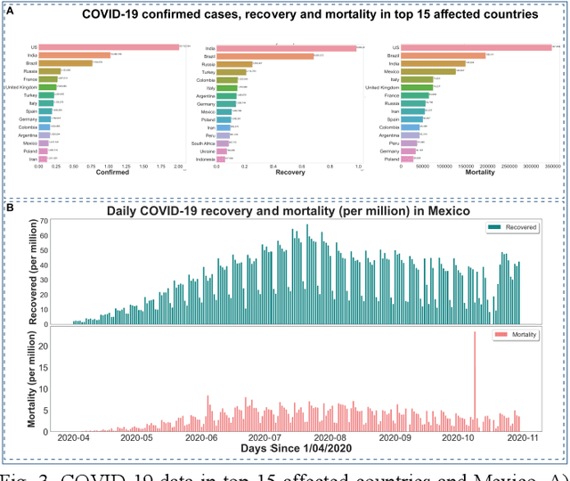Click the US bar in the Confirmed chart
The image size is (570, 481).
click(x=107, y=46)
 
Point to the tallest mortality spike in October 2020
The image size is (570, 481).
click(x=475, y=374)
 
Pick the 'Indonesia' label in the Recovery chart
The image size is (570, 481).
click(x=206, y=158)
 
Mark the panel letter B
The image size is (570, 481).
click(x=10, y=208)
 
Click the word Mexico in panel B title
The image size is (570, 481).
click(x=440, y=211)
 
